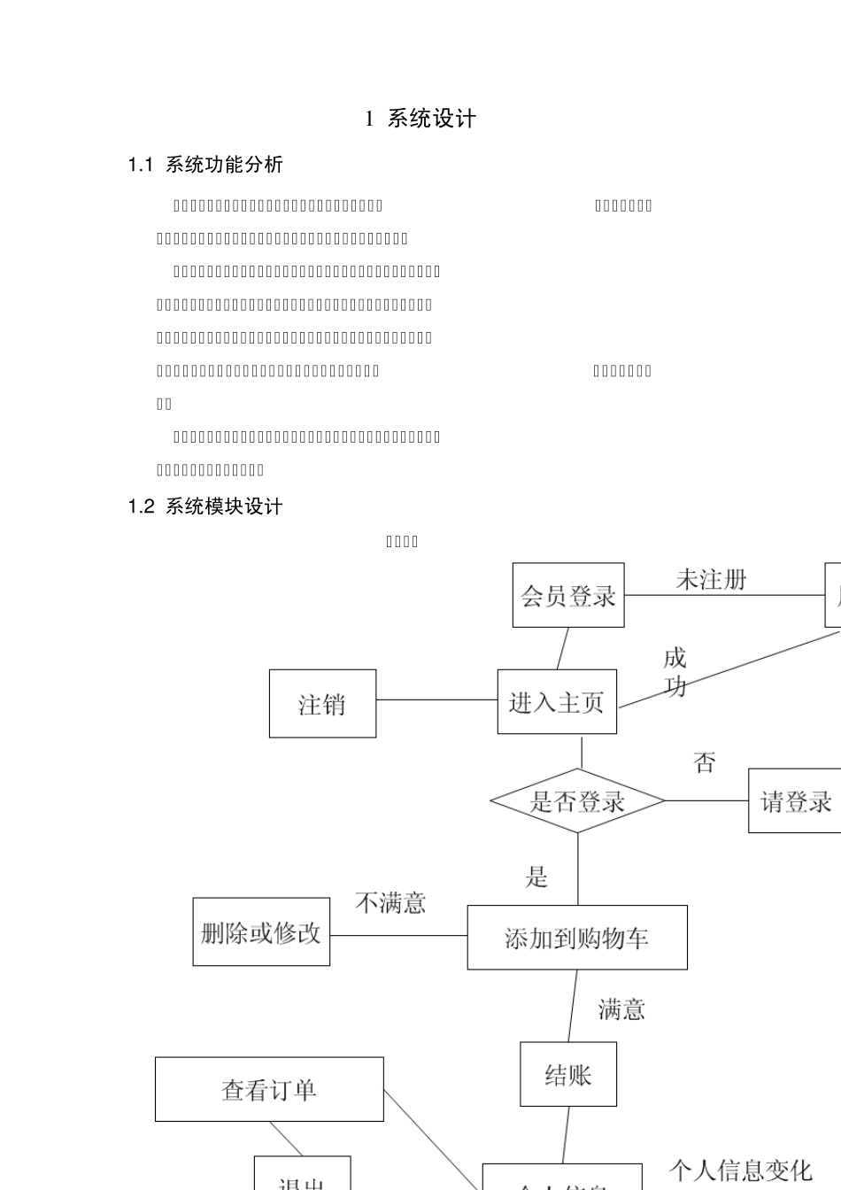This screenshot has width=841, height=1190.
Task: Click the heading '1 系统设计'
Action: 421,120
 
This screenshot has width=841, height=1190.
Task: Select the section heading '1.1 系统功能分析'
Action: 205,165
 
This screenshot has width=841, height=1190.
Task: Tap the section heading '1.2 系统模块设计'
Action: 205,506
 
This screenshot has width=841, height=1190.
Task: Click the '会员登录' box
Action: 568,595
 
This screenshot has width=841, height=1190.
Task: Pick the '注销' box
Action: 322,704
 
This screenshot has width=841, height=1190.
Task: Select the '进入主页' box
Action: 557,702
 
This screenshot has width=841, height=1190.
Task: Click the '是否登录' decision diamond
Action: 577,801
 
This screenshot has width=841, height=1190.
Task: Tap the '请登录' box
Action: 794,801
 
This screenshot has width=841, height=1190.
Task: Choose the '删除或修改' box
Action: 261,932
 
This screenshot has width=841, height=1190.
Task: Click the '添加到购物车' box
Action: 577,938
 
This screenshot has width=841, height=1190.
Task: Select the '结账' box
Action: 568,1075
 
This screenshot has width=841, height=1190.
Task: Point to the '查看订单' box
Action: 269,1089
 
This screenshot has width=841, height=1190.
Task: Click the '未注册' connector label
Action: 711,580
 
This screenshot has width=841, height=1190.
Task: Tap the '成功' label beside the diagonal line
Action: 675,672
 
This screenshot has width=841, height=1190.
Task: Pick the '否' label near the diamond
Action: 705,762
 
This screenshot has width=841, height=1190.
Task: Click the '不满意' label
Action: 390,903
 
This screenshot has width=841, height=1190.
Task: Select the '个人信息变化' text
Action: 740,1171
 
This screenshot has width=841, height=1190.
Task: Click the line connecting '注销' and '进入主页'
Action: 436,700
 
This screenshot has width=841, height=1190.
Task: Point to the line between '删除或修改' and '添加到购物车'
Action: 398,935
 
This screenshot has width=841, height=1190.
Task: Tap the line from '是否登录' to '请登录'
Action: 706,801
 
